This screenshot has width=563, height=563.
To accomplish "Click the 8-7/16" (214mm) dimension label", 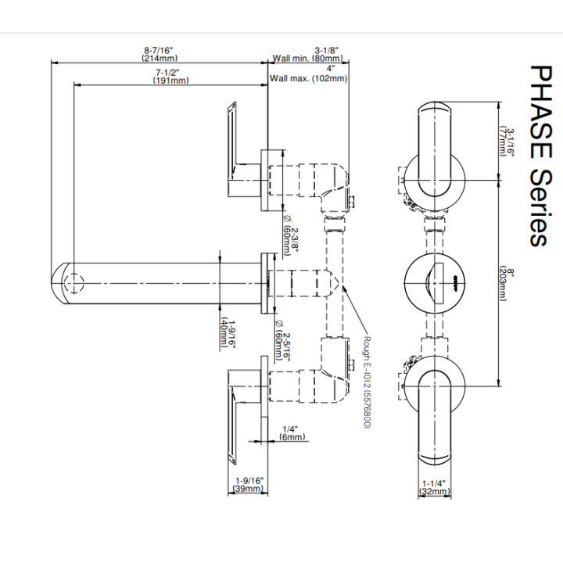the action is click(160, 54).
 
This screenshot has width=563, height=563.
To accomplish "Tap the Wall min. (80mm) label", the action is click(308, 58).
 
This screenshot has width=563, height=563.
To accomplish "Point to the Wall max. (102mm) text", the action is click(308, 78).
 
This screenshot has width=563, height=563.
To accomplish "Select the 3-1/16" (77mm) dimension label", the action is click(507, 142).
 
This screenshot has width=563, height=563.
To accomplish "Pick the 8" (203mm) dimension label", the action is click(507, 284).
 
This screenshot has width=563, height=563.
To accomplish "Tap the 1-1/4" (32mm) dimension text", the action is click(434, 488).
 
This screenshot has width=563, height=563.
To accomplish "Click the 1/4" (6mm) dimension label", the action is click(292, 433).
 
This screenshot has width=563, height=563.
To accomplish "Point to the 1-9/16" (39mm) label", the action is click(249, 484).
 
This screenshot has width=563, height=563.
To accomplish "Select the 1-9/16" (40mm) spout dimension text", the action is click(228, 334).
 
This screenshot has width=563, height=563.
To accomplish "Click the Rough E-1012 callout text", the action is click(367, 382).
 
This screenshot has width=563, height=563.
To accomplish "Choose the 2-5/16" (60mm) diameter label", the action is click(282, 341).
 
